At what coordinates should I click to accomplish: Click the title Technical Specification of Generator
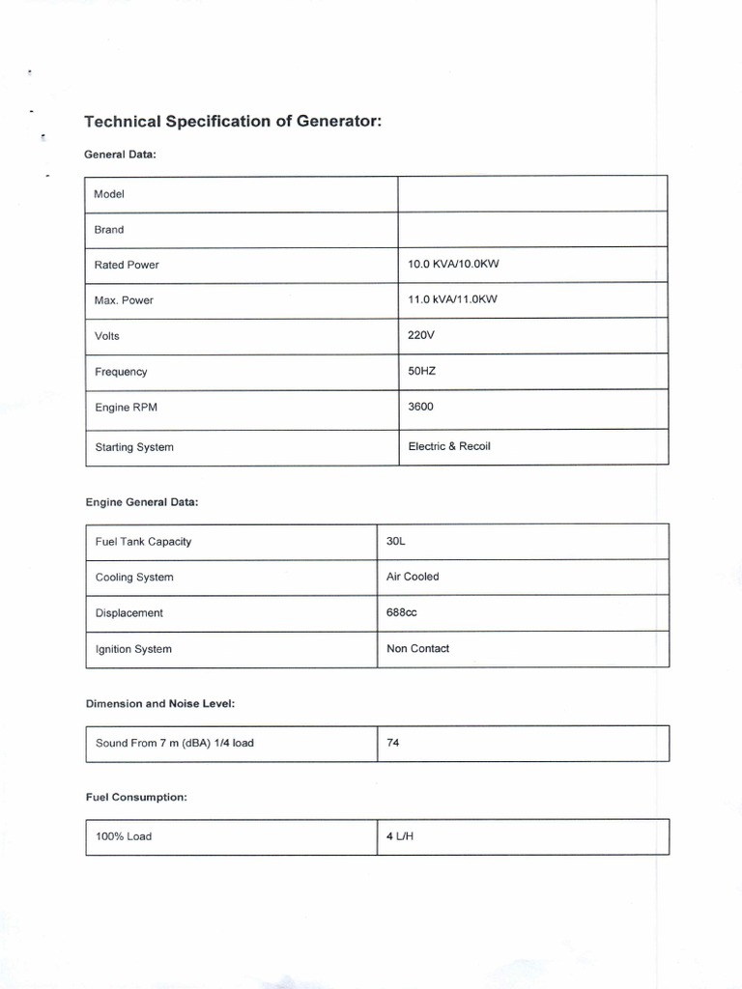point(233,122)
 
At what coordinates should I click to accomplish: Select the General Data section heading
point(120,155)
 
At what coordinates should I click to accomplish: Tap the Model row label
point(109,194)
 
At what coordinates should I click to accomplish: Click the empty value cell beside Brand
point(532,230)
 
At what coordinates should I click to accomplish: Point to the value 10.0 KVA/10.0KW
point(452,264)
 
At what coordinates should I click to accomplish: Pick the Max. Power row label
point(124,300)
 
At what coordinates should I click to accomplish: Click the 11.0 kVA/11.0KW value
point(452,299)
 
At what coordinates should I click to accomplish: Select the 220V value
point(422,335)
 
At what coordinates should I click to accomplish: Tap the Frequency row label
point(121,372)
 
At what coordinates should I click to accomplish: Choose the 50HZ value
point(423,371)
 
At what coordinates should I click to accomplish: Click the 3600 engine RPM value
point(421,407)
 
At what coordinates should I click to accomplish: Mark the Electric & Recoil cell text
point(449,446)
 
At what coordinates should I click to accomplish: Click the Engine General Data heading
point(142,502)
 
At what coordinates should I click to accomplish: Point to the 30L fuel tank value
point(396,541)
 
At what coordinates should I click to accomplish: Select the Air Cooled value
point(413,577)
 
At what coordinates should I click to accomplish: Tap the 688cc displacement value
point(402,612)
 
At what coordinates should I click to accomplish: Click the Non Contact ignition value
point(417,648)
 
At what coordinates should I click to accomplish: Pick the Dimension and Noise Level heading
point(160,704)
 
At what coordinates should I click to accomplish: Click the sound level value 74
point(392,743)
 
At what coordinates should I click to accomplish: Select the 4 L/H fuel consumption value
point(399,836)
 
